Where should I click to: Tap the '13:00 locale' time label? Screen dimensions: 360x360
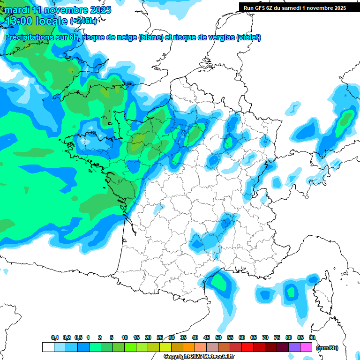coord(36,21)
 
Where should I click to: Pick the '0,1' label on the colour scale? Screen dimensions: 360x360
coord(55,337)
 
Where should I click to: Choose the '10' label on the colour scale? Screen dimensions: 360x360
coord(125,337)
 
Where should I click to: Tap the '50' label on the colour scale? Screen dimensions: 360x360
coord(218,337)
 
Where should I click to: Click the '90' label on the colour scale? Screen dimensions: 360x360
coord(312,337)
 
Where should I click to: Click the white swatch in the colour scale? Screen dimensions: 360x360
coord(48,347)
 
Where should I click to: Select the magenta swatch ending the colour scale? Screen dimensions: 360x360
coord(306,347)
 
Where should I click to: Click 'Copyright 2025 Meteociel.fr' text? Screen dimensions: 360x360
coord(199,356)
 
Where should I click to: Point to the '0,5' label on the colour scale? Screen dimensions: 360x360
coord(78,337)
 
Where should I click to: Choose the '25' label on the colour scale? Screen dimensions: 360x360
coord(160,337)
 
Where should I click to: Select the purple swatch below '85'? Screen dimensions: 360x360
coord(294,347)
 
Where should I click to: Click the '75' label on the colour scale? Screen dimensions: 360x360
coord(277,337)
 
